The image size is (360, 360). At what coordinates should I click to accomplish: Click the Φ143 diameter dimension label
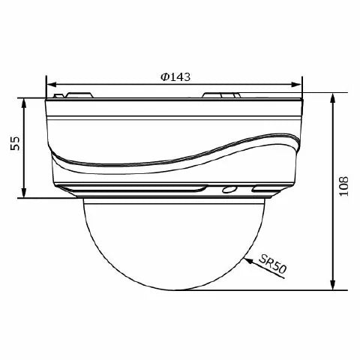pos(175,76)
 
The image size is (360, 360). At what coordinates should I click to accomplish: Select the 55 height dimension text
pos(15,143)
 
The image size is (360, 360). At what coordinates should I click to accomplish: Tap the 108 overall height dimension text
pos(343,186)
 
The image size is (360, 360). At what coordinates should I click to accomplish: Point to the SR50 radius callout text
pos(272,264)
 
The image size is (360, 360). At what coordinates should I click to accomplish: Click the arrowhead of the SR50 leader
pos(247,260)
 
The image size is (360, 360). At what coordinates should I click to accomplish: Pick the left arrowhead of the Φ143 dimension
pos(52,85)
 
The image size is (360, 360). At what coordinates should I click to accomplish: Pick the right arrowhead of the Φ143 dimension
pos(296,85)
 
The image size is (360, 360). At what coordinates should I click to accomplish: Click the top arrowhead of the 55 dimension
pos(24,103)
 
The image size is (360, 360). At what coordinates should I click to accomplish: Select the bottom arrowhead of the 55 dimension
pos(24,193)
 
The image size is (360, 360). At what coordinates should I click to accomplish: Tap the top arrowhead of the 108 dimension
pos(332,98)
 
